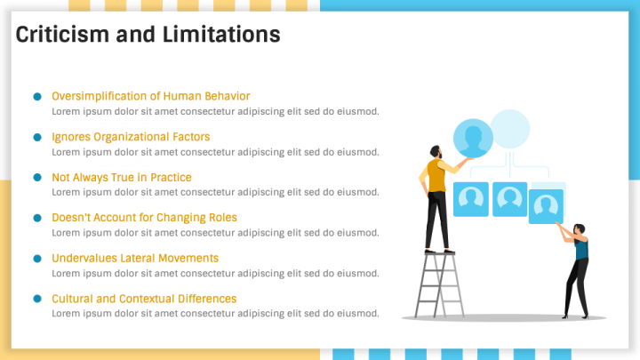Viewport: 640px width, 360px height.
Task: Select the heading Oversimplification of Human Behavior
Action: [150, 96]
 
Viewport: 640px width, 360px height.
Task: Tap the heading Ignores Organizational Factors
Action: [131, 137]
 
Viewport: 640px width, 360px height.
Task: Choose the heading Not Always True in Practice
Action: [121, 178]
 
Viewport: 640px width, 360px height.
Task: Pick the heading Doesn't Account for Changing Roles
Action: [144, 217]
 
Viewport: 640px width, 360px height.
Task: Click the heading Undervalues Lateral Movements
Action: [134, 258]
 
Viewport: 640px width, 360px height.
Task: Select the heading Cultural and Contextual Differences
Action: [144, 299]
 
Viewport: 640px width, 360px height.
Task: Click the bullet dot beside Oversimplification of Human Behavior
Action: [37, 96]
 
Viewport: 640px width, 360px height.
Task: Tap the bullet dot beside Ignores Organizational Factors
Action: [37, 137]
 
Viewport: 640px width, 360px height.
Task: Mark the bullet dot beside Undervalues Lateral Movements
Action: [37, 259]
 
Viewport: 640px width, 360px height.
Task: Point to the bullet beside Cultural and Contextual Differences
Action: [37, 300]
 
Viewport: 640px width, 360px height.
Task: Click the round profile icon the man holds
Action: [473, 140]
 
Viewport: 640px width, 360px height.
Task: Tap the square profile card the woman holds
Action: [546, 206]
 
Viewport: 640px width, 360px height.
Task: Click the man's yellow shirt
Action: [436, 175]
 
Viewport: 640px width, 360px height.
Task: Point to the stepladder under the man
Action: [436, 284]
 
